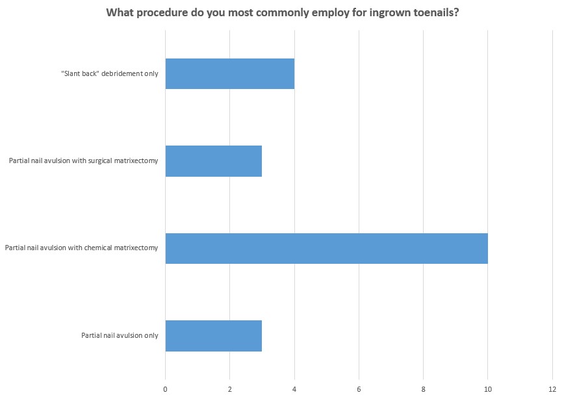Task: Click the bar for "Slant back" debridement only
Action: coord(229,73)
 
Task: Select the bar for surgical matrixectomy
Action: coord(213,160)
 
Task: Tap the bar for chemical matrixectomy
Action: coord(326,248)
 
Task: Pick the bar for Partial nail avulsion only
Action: coord(213,335)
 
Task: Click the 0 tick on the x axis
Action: coord(165,389)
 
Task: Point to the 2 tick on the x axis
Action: coord(229,389)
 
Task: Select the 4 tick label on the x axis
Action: coord(294,389)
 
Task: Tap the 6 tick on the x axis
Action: coord(359,389)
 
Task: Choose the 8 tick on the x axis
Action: coord(423,389)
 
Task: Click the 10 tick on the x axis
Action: coord(487,389)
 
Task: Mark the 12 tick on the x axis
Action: coord(552,389)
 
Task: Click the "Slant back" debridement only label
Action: coord(109,74)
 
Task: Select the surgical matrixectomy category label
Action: coord(83,160)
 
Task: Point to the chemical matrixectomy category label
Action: coord(81,248)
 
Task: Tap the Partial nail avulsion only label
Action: coord(120,335)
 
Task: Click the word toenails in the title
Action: coord(435,13)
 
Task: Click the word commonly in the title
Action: coord(264,13)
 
